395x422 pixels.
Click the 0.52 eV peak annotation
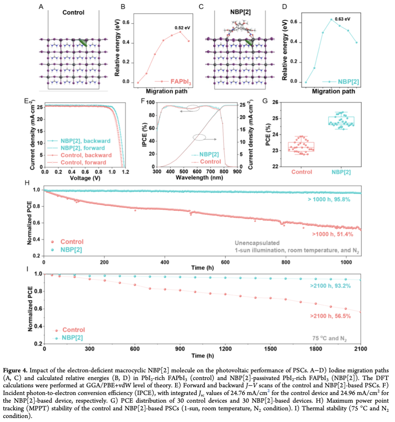(x=182, y=27)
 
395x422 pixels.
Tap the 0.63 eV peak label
(x=342, y=19)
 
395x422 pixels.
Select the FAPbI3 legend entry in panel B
(x=181, y=82)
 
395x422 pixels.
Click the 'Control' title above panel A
(x=73, y=12)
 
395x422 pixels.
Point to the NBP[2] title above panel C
(x=240, y=12)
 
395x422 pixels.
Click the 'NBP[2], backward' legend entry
(x=85, y=141)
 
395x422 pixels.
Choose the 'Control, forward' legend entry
(x=83, y=162)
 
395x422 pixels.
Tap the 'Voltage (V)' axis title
(x=85, y=178)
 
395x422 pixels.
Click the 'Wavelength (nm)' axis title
(x=197, y=178)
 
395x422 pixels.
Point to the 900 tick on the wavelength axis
(x=237, y=171)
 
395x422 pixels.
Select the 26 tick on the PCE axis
(x=275, y=102)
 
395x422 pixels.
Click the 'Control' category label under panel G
(x=302, y=172)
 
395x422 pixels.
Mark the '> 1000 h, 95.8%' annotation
(x=329, y=199)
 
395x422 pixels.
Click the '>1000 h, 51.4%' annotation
(x=332, y=234)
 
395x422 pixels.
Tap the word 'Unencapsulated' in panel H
(x=257, y=243)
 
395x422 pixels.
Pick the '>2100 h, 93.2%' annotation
(x=330, y=286)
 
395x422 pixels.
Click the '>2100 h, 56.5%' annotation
(x=330, y=316)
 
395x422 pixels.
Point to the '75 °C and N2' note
(x=329, y=338)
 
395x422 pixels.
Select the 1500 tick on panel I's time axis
(x=270, y=349)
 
